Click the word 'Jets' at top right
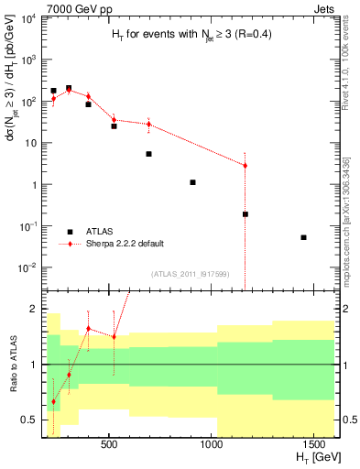tap(321, 7)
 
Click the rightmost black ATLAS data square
tap(303, 237)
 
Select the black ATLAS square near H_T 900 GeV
tap(192, 182)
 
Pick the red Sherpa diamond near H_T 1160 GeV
tap(245, 166)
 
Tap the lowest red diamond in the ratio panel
tap(54, 401)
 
